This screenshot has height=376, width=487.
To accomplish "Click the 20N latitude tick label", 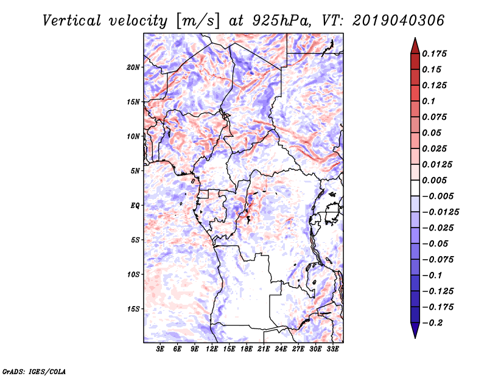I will [133, 67].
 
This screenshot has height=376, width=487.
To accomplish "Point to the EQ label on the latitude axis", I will [135, 206].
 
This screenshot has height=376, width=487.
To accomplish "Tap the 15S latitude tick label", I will [133, 309].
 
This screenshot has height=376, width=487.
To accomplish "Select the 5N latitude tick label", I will [135, 171].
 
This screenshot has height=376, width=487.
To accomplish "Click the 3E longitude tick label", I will [161, 349].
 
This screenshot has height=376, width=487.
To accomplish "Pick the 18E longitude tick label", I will [247, 349].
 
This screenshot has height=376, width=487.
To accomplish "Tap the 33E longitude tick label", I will [332, 349].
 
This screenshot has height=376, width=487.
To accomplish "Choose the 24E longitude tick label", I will [281, 349].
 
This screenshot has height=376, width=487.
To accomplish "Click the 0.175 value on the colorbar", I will [436, 54].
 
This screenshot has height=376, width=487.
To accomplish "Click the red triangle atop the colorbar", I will [415, 44].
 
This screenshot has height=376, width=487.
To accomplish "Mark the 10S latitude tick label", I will [133, 274].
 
